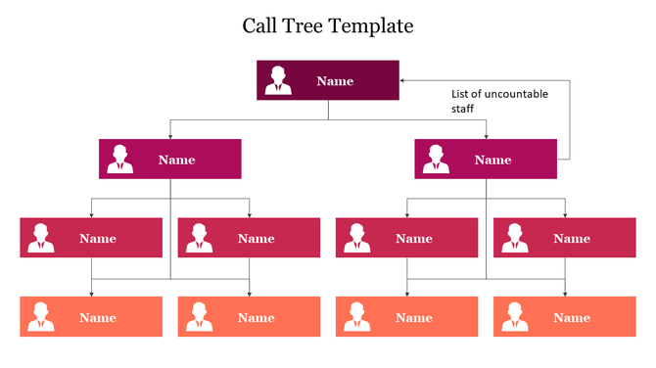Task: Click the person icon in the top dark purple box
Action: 279,80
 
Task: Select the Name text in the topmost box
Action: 335,81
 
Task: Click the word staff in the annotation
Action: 462,109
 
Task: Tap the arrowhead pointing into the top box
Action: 403,80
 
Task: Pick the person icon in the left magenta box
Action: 121,160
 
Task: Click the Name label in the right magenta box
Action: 492,160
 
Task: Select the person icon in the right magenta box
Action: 437,160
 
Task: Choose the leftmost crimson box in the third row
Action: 91,238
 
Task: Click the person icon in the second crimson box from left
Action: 200,238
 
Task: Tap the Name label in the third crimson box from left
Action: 413,239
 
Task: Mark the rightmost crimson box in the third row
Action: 565,238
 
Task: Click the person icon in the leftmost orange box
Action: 42,317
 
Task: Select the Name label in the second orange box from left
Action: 256,318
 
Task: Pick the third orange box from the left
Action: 406,317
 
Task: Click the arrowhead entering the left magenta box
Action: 170,135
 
